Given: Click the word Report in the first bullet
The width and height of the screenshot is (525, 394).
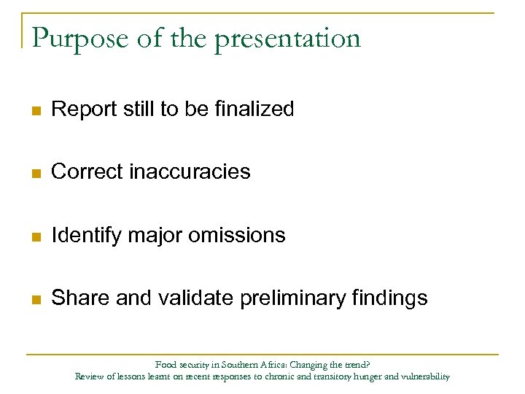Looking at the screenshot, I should click(x=79, y=109).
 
